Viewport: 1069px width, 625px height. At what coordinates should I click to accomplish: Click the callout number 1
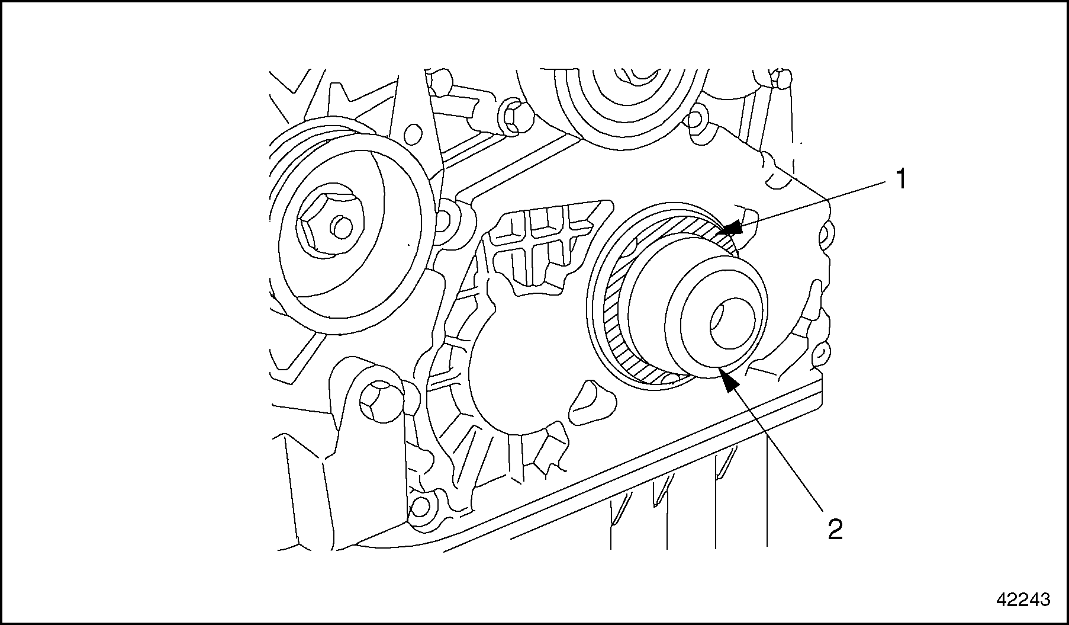900,179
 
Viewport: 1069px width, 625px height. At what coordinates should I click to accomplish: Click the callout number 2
835,529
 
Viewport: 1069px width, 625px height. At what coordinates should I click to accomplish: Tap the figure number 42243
1023,600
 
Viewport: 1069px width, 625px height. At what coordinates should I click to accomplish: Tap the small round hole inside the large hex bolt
342,226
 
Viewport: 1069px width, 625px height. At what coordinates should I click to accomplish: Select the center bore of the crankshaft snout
731,325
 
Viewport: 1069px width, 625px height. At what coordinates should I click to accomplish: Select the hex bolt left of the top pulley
513,116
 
